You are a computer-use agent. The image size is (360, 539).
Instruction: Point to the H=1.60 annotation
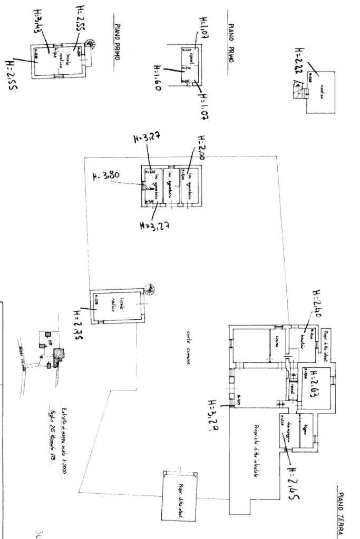[x=157, y=77]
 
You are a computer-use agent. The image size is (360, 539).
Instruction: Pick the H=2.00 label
[x=200, y=150]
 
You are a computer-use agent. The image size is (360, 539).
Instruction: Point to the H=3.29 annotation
[x=213, y=414]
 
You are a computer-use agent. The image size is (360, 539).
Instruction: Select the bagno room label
[x=305, y=430]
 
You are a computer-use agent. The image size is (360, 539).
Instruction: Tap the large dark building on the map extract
[x=60, y=353]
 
